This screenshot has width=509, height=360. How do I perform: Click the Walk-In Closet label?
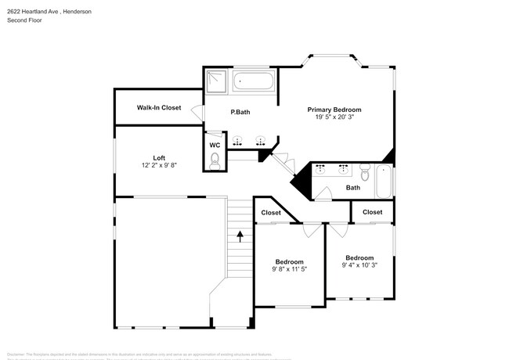point(159,107)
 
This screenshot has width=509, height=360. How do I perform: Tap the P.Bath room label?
point(240,113)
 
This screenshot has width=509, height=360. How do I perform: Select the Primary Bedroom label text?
point(334,110)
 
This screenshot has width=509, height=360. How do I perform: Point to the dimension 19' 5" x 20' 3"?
point(334,117)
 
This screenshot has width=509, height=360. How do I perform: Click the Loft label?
point(159,158)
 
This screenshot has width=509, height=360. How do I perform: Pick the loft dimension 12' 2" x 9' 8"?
point(159,166)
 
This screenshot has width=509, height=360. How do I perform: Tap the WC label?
point(215,146)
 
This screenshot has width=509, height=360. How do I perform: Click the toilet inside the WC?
point(215,160)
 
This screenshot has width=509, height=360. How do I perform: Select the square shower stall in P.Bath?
point(216,81)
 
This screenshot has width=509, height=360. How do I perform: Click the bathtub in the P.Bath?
point(253,81)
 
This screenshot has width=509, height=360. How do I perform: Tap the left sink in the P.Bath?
point(239,142)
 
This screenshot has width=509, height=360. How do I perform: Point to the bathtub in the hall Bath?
point(384,182)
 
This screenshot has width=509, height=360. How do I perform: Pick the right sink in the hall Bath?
point(344,168)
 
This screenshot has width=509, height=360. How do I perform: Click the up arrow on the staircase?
point(240,233)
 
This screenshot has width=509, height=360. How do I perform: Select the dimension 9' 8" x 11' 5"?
point(289,270)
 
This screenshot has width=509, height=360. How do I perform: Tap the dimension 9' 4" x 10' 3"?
point(359,266)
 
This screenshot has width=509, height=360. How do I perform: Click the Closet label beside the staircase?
point(271,212)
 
